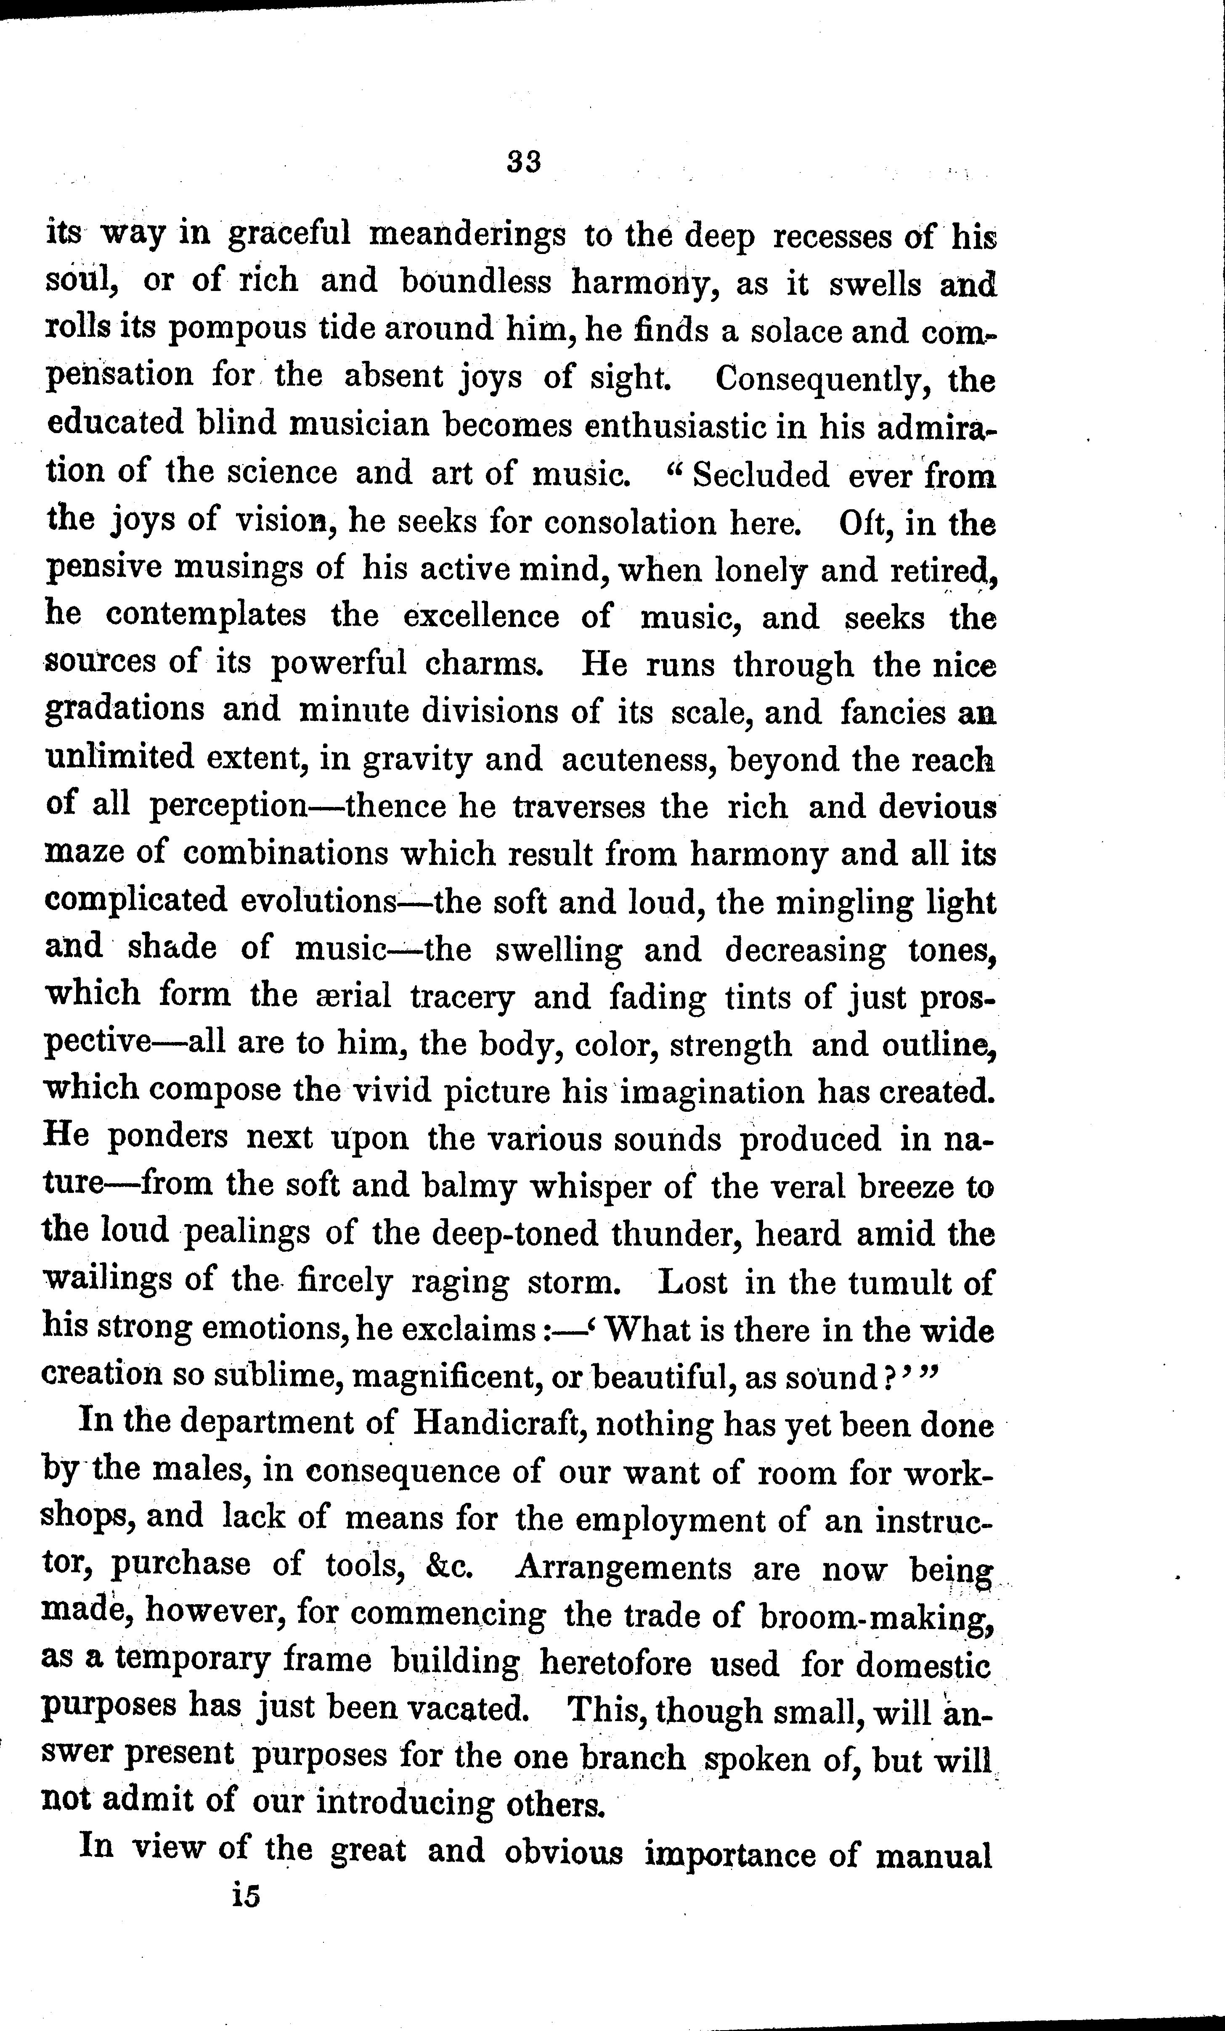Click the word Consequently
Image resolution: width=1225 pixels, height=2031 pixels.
tap(819, 380)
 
